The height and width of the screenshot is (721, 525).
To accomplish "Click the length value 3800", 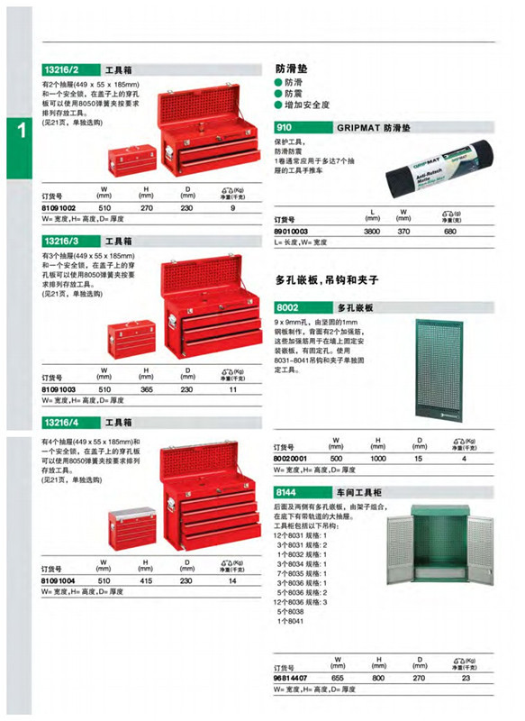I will (369, 231).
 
